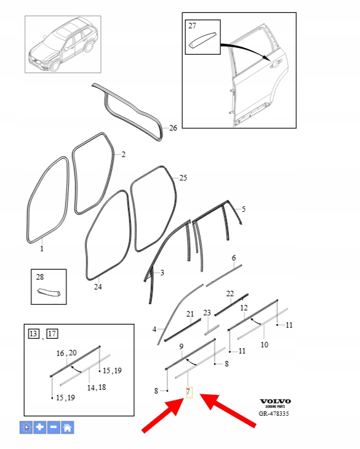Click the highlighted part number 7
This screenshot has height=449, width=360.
[x=189, y=392]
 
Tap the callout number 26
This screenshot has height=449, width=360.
[x=173, y=128]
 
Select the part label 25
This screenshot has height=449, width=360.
[x=183, y=178]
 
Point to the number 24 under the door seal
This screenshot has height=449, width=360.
[x=98, y=286]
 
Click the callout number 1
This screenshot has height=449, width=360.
[x=42, y=249]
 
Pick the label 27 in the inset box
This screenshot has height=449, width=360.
[x=192, y=26]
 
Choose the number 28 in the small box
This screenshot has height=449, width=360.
[x=40, y=277]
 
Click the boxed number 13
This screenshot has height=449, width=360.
[x=33, y=334]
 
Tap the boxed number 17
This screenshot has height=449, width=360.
[x=52, y=334]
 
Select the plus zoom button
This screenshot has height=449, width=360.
[x=40, y=427]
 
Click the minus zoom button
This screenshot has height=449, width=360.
[x=54, y=427]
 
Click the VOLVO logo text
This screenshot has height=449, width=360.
[x=275, y=401]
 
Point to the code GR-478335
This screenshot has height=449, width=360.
[x=274, y=414]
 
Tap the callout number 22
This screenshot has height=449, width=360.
[x=230, y=294]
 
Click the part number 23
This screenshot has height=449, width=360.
[x=207, y=313]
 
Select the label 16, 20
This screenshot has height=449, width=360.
[x=66, y=353]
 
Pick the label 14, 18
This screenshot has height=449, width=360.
[x=97, y=387]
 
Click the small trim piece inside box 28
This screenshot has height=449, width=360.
[x=49, y=292]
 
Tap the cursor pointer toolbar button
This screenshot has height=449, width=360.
[x=26, y=427]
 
